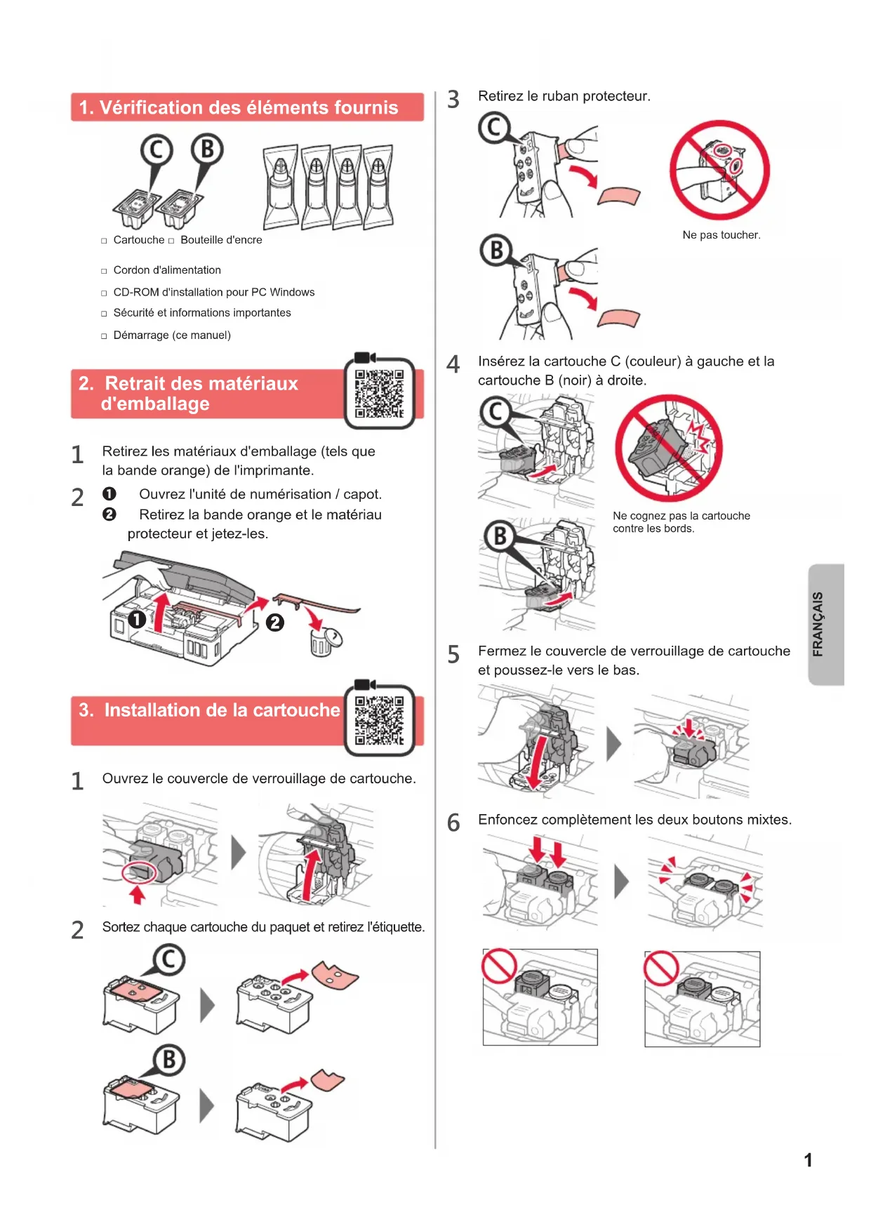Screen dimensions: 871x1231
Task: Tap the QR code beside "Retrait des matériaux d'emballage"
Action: tap(379, 393)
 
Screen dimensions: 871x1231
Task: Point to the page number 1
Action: tap(808, 1160)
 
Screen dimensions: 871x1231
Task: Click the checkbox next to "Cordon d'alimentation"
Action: tap(104, 271)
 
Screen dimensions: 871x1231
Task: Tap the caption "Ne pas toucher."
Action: tap(721, 235)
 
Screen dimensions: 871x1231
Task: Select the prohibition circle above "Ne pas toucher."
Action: tap(719, 170)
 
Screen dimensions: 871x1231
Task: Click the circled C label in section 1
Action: tap(157, 150)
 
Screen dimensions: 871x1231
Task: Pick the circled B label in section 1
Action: tap(207, 149)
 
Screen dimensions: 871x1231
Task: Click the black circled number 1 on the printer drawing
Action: tap(137, 619)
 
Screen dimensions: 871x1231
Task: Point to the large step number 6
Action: tap(453, 823)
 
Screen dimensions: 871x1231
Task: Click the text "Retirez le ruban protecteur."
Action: tap(564, 96)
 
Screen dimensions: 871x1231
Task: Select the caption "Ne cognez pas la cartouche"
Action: tap(681, 516)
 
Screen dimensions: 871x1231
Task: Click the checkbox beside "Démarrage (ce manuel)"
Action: tap(104, 336)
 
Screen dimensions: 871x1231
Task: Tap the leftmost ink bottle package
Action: tap(281, 187)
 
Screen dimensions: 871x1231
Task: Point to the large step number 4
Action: tap(453, 364)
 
